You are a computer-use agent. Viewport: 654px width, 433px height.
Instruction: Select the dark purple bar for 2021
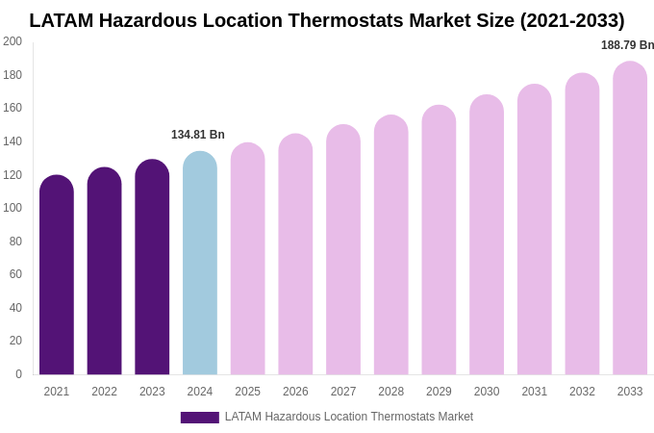pos(57,275)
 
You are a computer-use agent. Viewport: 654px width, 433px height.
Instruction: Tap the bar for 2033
pos(630,218)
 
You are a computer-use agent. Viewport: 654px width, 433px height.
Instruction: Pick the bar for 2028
pos(391,245)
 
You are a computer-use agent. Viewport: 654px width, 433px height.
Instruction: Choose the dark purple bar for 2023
pos(152,267)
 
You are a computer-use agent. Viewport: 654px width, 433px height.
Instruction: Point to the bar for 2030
pos(487,235)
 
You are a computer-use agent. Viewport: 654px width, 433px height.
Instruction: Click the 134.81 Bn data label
pos(198,135)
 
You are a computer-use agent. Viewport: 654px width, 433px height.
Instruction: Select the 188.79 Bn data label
pos(627,45)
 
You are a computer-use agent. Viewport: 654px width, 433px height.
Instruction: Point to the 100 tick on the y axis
pos(13,208)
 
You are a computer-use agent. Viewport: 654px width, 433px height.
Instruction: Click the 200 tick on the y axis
pos(13,41)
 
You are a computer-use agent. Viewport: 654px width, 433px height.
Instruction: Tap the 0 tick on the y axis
pos(18,374)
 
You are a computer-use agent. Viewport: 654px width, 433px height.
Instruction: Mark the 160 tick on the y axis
pos(13,108)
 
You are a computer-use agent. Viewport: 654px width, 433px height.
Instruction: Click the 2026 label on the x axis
pos(295,392)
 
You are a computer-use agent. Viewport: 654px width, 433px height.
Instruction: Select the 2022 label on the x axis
pos(104,392)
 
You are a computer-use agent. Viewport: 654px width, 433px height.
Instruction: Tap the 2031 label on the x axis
pos(535,392)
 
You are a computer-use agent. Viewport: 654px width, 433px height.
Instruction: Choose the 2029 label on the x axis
pos(439,392)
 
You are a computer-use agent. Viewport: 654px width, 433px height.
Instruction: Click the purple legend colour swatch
pos(200,418)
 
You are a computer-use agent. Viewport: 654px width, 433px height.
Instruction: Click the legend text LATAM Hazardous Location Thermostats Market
pos(349,417)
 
